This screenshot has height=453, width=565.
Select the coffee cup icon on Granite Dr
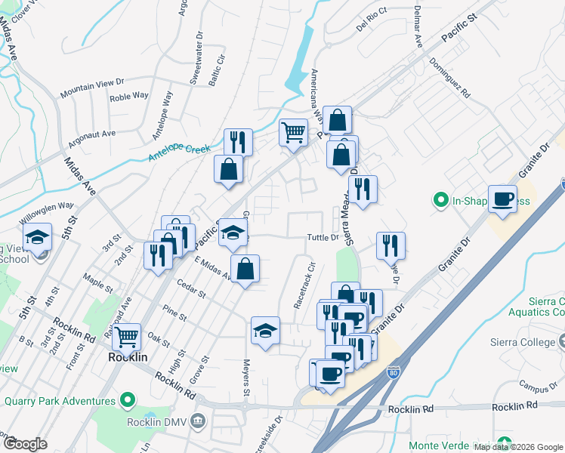click(x=502, y=199)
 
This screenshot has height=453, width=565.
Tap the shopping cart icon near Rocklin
click(x=126, y=336)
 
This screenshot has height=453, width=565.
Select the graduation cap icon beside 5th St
click(x=37, y=237)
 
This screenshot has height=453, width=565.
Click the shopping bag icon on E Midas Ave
click(x=245, y=269)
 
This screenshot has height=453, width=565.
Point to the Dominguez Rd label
click(x=449, y=80)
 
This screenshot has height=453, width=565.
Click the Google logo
click(x=25, y=443)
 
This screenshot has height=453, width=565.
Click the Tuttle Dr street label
click(x=322, y=238)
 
